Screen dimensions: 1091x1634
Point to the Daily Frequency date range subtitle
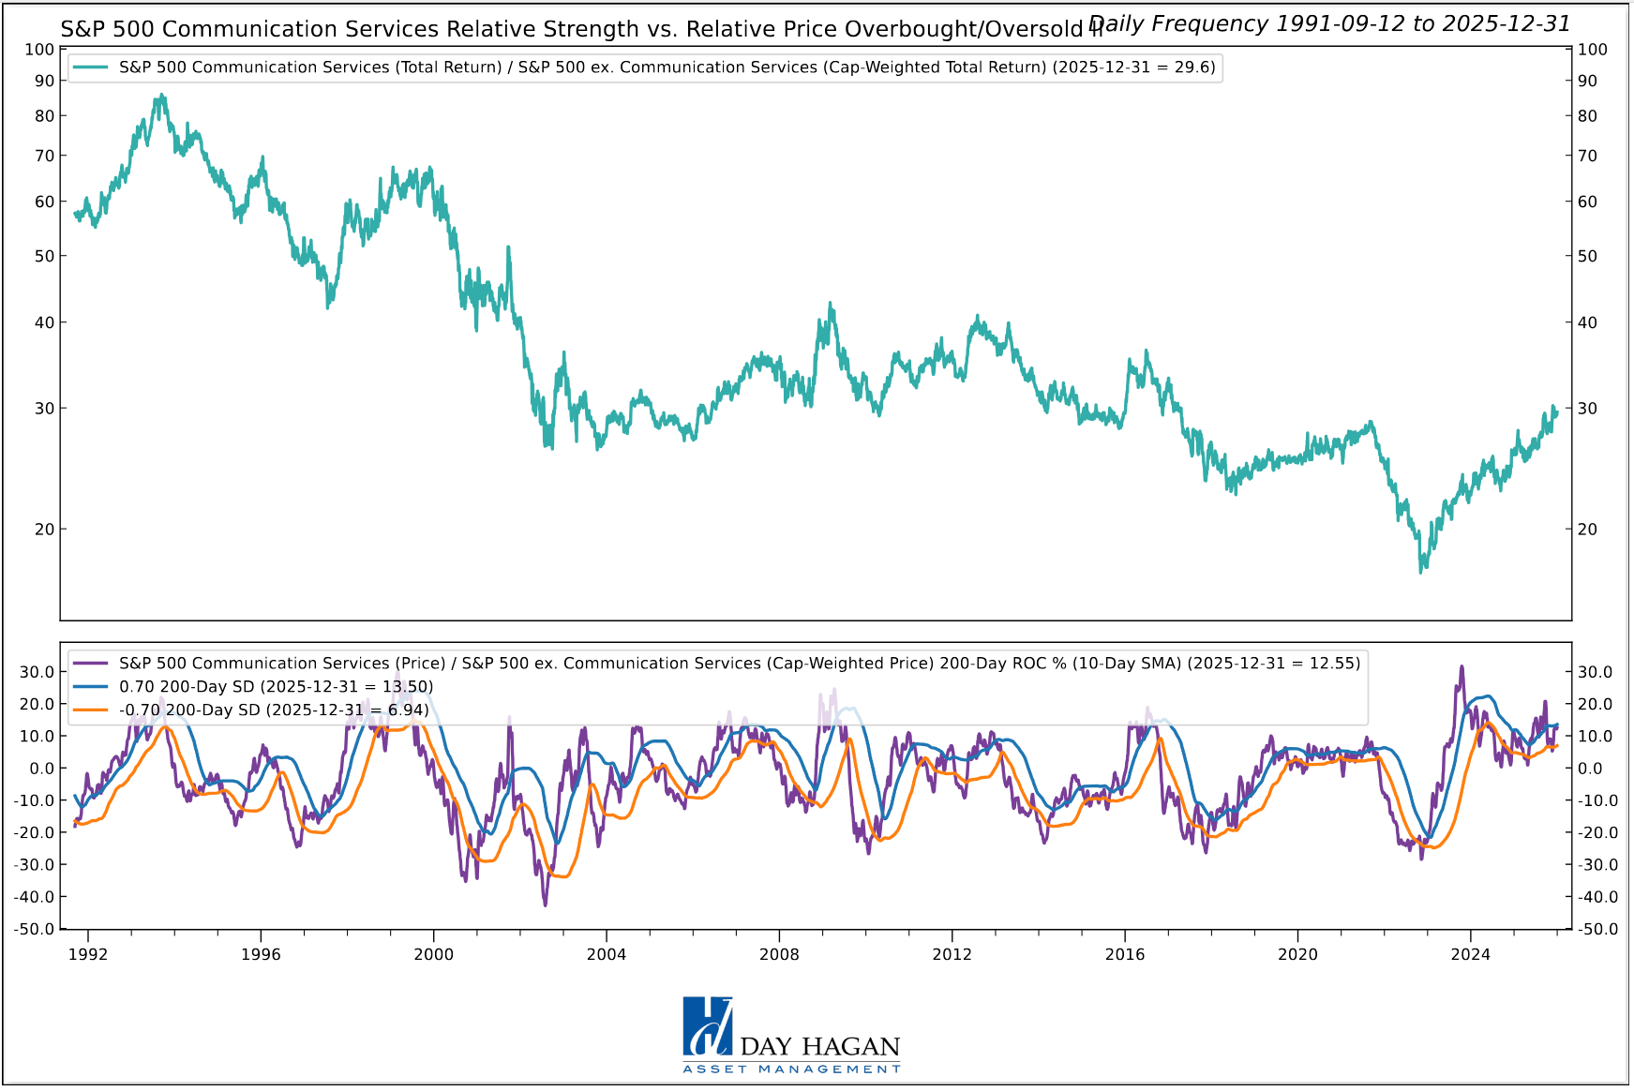[1328, 23]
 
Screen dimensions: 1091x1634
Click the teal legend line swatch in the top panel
[90, 67]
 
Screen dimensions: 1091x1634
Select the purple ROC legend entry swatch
[90, 664]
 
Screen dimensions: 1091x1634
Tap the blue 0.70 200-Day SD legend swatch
[90, 687]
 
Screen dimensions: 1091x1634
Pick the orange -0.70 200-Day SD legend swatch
[90, 710]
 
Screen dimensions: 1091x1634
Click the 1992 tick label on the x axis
[88, 954]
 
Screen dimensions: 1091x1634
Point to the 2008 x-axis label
[779, 954]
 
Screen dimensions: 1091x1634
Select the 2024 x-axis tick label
[1470, 954]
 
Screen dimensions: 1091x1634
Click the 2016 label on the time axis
[1125, 954]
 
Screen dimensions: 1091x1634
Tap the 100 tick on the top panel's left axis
[38, 50]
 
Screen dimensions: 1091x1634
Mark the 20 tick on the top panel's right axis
[1587, 530]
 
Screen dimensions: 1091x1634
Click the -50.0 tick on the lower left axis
[34, 930]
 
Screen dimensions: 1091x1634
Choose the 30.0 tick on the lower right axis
[1595, 672]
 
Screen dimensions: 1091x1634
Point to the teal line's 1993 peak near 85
[162, 95]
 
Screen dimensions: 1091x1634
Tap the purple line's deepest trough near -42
[546, 904]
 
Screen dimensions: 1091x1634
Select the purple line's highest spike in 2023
[1462, 666]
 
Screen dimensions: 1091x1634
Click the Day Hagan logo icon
[708, 1026]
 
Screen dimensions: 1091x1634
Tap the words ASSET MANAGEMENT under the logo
[791, 1069]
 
